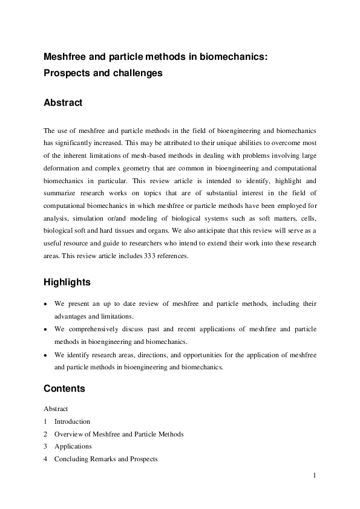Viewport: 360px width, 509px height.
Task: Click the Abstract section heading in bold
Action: point(63,103)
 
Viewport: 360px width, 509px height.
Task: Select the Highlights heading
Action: point(67,282)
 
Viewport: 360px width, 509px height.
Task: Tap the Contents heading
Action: point(64,388)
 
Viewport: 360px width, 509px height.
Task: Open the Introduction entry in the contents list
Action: point(72,421)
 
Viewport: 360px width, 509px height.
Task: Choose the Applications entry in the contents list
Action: point(73,447)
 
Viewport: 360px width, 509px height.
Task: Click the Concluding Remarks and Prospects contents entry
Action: point(106,459)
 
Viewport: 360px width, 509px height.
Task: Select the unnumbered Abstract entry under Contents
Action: point(56,409)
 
